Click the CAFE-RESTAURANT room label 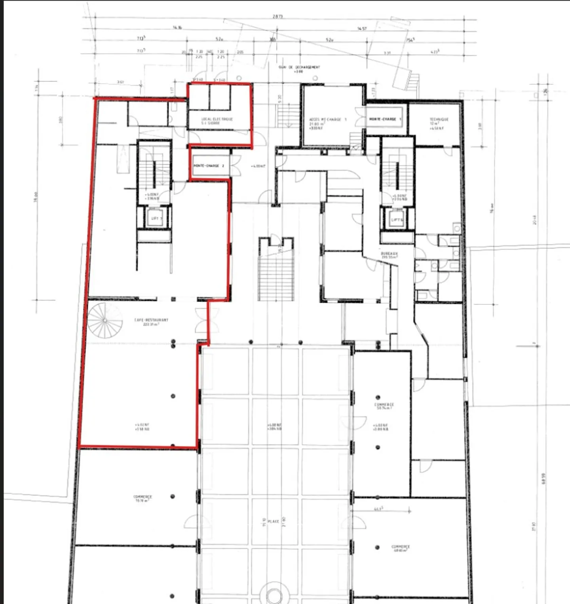tap(151, 320)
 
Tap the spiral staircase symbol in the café tap(104, 320)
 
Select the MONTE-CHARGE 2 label tap(209, 166)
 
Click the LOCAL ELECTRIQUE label tap(217, 121)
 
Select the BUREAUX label tap(389, 255)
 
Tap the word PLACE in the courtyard tap(274, 522)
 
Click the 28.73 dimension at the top tap(278, 17)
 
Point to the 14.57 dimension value tap(362, 29)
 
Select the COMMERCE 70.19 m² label tap(142, 498)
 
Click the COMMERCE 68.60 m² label tap(400, 548)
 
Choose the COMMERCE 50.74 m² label tap(384, 406)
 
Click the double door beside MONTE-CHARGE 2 tap(235, 166)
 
